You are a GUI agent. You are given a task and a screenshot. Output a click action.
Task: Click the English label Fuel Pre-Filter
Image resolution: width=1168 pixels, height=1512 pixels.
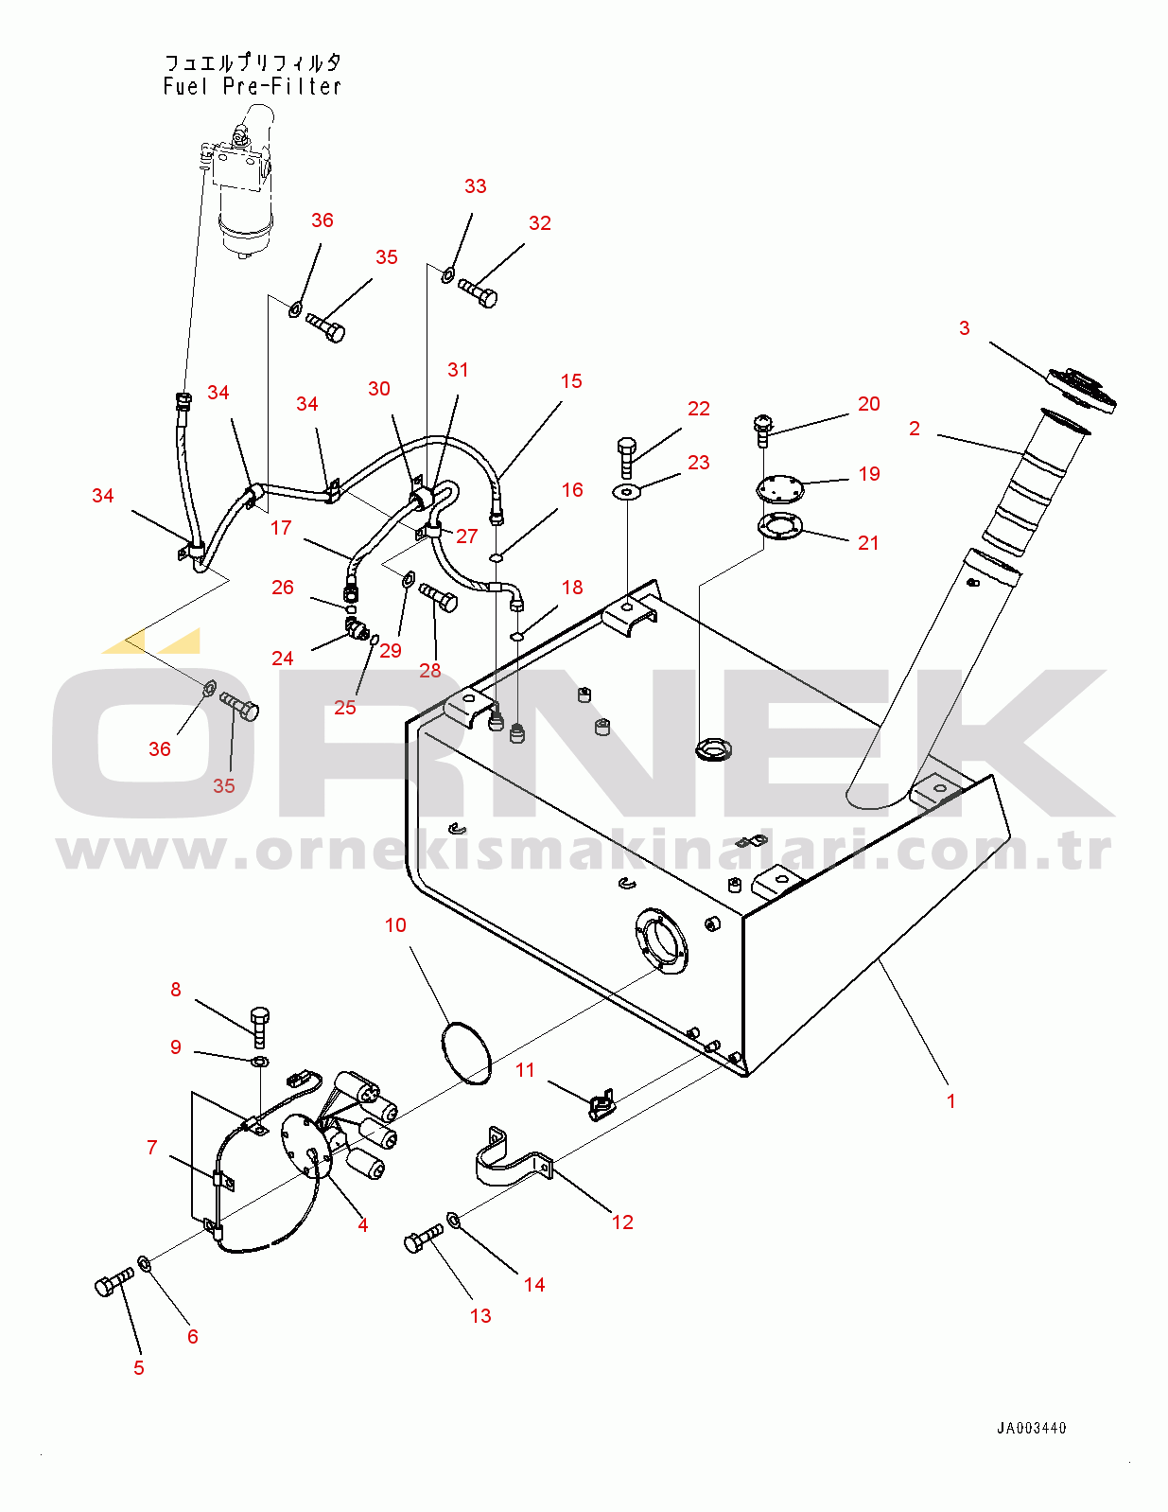pos(253,86)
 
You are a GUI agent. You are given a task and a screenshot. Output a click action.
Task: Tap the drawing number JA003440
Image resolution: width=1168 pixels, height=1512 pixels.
pos(1031,1429)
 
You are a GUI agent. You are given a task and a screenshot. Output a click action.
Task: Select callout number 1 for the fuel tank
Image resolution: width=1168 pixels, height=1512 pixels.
pos(950,1100)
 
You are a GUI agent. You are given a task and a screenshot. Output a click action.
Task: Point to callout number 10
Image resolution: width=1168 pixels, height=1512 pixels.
pos(395,924)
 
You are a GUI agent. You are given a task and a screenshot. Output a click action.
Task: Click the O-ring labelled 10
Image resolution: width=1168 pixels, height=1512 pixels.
pos(466,1052)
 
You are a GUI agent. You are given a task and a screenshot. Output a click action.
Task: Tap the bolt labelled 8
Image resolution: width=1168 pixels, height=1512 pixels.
pos(259,1027)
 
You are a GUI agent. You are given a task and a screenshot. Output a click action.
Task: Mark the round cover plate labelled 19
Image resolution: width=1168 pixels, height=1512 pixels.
pos(778,487)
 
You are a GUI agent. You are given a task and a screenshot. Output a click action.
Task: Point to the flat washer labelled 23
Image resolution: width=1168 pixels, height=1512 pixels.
pos(626,493)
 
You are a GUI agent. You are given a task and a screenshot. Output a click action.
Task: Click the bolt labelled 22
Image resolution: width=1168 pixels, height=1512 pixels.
pos(626,457)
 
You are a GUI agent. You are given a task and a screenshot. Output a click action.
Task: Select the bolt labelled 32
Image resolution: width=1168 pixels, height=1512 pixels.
pos(478,293)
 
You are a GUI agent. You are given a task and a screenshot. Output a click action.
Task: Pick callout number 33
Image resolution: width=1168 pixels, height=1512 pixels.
pos(476,185)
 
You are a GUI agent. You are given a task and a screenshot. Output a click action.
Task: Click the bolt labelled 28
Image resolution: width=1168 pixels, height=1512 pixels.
pos(438,598)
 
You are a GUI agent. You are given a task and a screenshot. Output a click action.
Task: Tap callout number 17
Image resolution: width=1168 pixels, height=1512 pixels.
pos(281,528)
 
